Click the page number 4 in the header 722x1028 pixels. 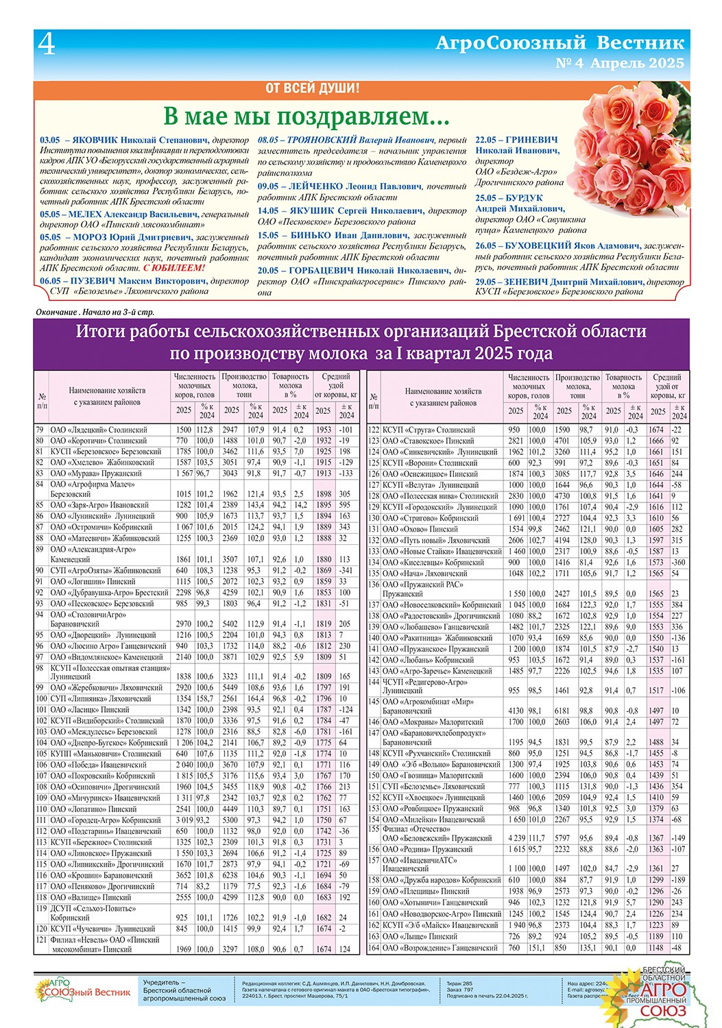47,45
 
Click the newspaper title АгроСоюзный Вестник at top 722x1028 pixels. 559,43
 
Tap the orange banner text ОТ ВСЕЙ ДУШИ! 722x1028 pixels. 312,88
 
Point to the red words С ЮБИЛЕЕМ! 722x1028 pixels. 174,268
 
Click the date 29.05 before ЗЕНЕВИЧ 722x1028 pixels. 485,282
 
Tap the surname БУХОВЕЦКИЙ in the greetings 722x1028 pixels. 538,245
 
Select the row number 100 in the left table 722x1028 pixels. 41,698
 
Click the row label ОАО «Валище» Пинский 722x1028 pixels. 91,897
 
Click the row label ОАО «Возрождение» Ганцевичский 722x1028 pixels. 440,948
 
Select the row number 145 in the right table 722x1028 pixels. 374,702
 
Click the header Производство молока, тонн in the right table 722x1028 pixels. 577,386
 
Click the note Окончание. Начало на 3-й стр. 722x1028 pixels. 95,313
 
